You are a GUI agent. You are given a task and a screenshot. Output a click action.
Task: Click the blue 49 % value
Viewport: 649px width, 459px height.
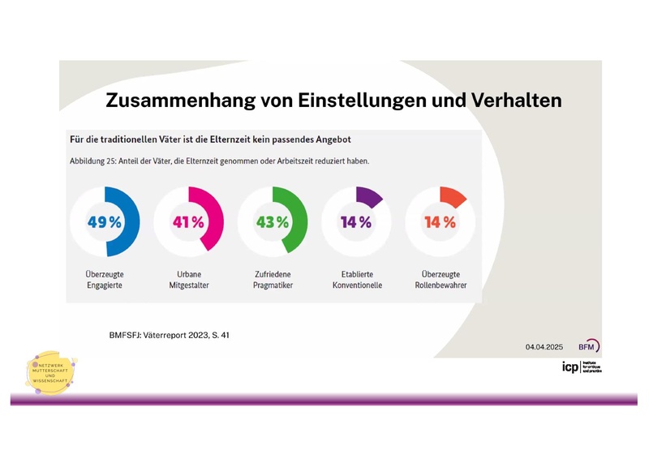(104, 222)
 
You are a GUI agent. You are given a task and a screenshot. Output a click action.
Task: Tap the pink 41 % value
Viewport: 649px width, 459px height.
(188, 222)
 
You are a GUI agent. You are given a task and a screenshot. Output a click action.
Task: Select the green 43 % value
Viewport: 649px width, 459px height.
(272, 222)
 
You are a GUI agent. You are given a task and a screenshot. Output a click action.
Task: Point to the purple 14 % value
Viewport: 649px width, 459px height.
(356, 222)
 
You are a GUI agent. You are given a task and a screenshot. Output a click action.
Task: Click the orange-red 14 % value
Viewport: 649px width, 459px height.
(440, 222)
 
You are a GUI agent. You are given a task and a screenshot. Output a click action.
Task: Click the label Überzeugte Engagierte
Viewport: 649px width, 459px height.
(104, 280)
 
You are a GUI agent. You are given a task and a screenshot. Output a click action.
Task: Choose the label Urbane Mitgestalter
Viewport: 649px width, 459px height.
(188, 280)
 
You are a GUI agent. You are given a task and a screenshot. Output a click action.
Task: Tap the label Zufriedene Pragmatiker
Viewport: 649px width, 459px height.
(272, 280)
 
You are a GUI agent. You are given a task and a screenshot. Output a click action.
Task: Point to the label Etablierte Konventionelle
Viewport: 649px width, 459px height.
(356, 280)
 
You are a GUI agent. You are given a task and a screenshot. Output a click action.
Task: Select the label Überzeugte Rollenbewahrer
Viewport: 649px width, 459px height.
(440, 280)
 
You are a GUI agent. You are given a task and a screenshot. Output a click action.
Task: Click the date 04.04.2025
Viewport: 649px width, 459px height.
(544, 346)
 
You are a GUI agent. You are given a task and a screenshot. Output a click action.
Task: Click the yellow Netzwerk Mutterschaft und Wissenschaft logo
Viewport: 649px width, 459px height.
(51, 374)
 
